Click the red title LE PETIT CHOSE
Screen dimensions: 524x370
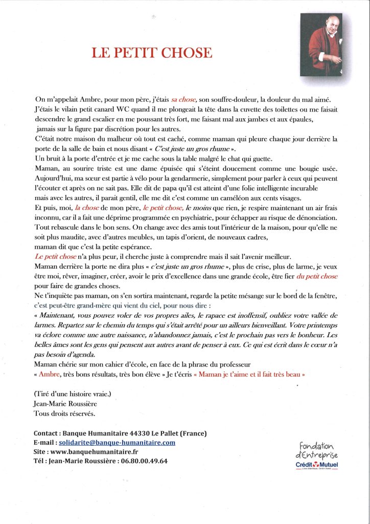click(x=151, y=53)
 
